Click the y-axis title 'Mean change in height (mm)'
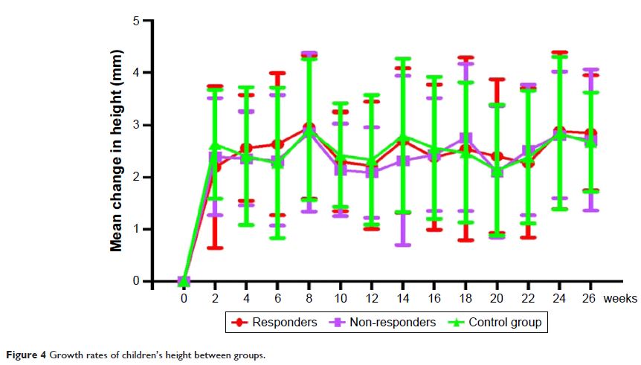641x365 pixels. tap(117, 151)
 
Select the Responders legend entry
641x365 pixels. tap(274, 322)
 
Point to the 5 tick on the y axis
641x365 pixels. tap(136, 21)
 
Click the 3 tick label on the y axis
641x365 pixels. tap(136, 125)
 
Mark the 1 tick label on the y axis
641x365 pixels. tap(136, 229)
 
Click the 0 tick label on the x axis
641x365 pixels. tap(184, 298)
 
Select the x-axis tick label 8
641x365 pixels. tap(309, 298)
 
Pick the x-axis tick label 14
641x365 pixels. tap(402, 298)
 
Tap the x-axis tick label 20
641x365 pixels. tap(496, 298)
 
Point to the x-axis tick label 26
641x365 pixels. tap(590, 298)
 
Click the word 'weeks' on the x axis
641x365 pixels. tap(620, 298)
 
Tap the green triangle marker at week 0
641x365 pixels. tap(184, 280)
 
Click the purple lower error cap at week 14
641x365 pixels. tap(402, 245)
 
